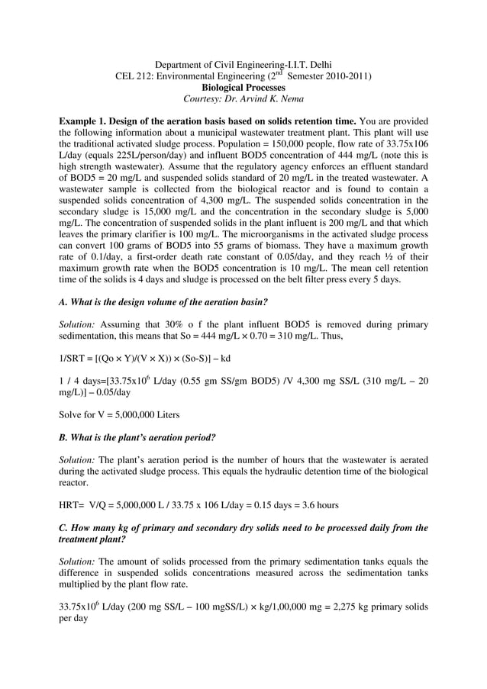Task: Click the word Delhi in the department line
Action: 316,63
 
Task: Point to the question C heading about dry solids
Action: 243,533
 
